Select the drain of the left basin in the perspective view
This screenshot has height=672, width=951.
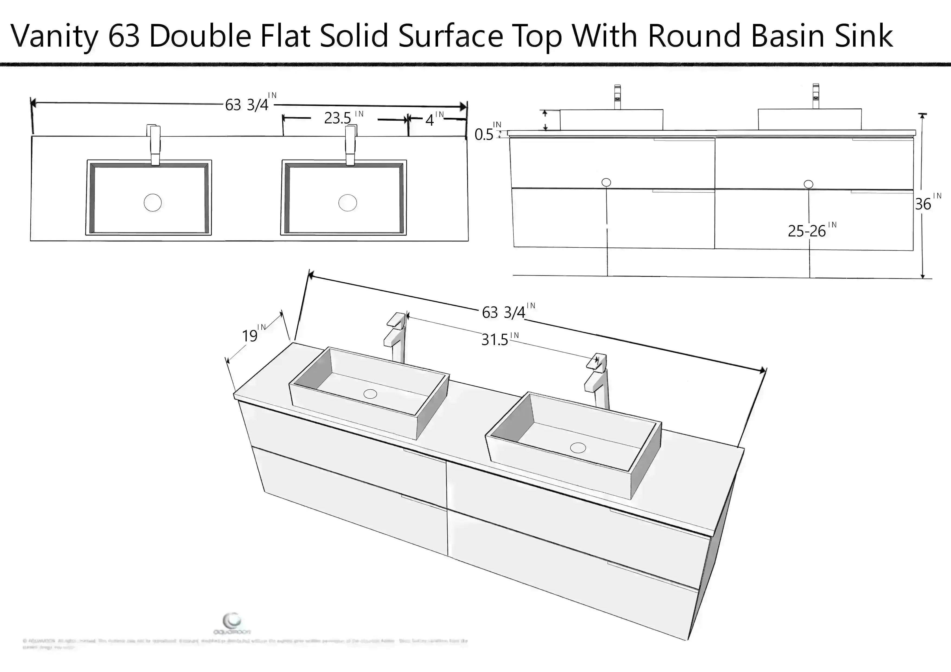coord(370,394)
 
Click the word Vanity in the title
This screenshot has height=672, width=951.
coord(54,36)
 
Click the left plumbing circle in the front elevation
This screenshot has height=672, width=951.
coord(606,182)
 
